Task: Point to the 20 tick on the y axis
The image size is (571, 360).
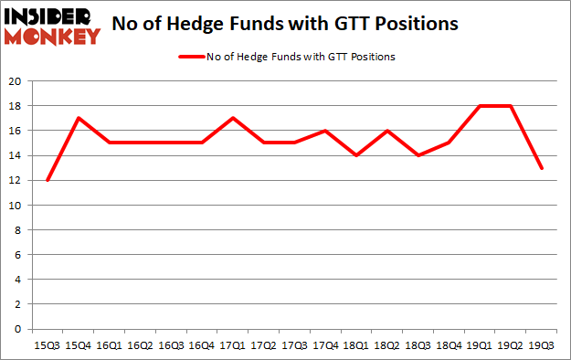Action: (16, 81)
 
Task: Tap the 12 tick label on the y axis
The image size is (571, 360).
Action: (16, 180)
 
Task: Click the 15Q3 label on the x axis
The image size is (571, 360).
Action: (48, 345)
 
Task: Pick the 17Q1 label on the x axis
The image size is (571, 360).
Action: (233, 345)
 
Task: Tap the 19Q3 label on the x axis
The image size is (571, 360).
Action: (543, 345)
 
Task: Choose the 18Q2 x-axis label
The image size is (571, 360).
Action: (387, 345)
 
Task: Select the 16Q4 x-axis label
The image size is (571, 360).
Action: (202, 345)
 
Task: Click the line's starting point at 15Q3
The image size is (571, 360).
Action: (48, 180)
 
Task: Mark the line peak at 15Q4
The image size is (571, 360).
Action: (79, 118)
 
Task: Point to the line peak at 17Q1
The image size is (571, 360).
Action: (233, 118)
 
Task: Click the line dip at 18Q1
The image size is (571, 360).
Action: (357, 155)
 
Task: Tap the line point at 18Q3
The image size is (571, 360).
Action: (418, 155)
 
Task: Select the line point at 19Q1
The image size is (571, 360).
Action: (481, 106)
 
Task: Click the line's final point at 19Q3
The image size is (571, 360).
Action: (543, 168)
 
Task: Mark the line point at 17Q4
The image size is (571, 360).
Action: (326, 131)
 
